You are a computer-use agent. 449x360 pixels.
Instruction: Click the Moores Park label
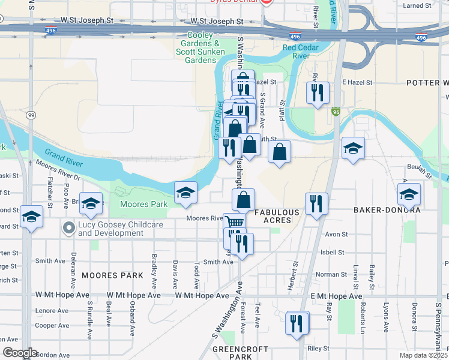pyautogui.click(x=144, y=204)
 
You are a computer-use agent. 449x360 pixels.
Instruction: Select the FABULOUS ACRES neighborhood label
pyautogui.click(x=277, y=216)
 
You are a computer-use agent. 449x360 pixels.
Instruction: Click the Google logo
pyautogui.click(x=20, y=353)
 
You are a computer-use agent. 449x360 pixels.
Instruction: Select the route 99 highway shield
pyautogui.click(x=29, y=113)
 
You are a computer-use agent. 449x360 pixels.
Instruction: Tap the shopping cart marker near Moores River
pyautogui.click(x=234, y=222)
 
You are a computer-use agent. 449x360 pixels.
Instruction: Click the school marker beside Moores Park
pyautogui.click(x=186, y=191)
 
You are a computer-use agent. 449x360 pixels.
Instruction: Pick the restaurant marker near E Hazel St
pyautogui.click(x=318, y=92)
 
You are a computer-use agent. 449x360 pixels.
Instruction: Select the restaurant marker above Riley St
pyautogui.click(x=297, y=324)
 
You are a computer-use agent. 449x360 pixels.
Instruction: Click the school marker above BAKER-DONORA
pyautogui.click(x=409, y=194)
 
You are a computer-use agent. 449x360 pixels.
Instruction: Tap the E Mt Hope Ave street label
pyautogui.click(x=337, y=296)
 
